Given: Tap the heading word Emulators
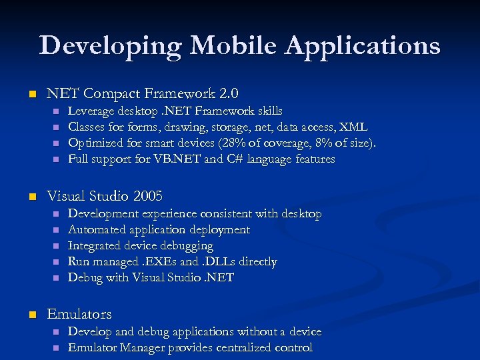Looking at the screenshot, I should pos(79,313).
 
